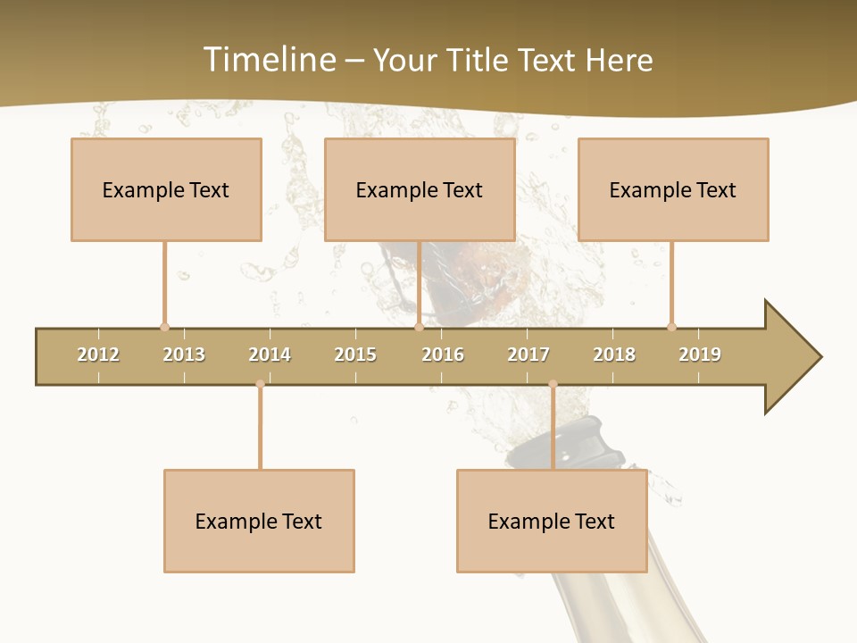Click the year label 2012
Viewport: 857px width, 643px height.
(x=98, y=355)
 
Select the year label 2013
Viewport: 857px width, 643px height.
(x=184, y=355)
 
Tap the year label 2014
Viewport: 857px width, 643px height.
(x=270, y=355)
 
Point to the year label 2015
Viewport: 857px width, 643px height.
(x=355, y=355)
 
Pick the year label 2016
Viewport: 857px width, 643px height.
(x=443, y=355)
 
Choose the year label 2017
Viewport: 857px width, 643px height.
(x=528, y=355)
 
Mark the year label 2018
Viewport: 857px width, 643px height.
(x=614, y=355)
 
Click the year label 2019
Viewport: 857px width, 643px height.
(x=700, y=355)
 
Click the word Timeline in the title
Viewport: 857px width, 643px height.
(x=270, y=60)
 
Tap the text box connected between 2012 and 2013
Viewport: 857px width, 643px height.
(x=166, y=189)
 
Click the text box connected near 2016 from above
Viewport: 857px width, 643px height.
(x=420, y=189)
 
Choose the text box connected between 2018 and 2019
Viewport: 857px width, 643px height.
(x=673, y=189)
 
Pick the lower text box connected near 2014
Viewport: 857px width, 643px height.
(x=259, y=521)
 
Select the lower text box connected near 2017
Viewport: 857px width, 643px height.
(x=552, y=521)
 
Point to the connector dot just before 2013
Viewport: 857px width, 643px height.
(x=164, y=327)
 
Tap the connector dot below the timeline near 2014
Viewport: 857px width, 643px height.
(x=260, y=384)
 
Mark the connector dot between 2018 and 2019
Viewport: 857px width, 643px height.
(x=671, y=327)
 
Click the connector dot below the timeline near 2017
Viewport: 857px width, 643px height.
(x=553, y=384)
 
